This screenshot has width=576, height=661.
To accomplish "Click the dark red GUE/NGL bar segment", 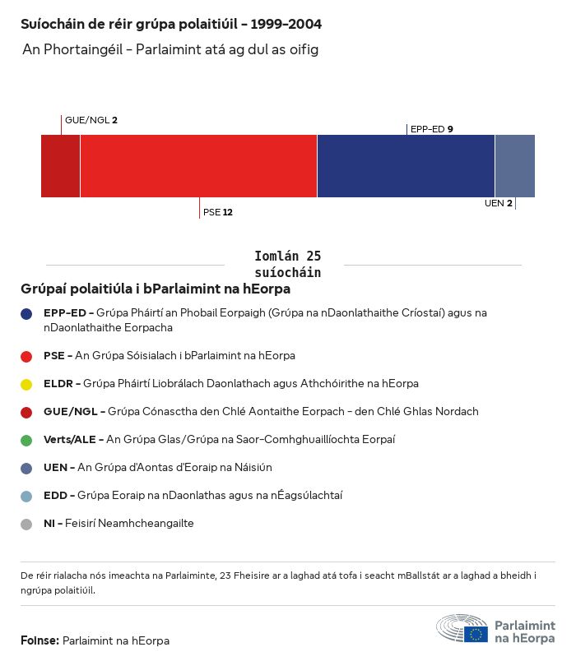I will pos(60,166).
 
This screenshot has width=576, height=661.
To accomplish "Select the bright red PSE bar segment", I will pos(198,166).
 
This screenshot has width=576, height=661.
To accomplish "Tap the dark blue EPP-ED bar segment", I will pos(406,166).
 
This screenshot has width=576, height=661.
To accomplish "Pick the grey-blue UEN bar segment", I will pos(514,166).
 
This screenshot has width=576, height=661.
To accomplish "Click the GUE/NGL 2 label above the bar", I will pos(91,120).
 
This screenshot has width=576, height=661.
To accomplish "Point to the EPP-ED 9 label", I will pos(431,129).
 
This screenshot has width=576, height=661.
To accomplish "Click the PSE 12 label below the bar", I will pos(217,212).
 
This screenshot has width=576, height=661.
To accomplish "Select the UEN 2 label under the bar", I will pos(498,203).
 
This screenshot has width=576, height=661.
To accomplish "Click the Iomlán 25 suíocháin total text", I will pos(287,264).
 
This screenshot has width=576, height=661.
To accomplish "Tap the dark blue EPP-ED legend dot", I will pos(26,313).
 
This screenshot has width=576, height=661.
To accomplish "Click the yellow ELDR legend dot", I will pos(26,384).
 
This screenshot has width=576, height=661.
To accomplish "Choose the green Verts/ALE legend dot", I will pos(26,440).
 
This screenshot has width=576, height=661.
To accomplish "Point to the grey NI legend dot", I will pos(26,524).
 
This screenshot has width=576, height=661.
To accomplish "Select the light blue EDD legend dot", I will pos(26,496).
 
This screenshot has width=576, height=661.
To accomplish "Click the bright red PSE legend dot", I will pos(26,356).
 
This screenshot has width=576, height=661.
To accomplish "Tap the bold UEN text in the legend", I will pos(55,468).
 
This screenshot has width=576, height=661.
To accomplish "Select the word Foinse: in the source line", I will pos(39,640).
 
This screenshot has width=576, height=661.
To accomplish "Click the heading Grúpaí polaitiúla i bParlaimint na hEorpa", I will pos(156,289).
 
